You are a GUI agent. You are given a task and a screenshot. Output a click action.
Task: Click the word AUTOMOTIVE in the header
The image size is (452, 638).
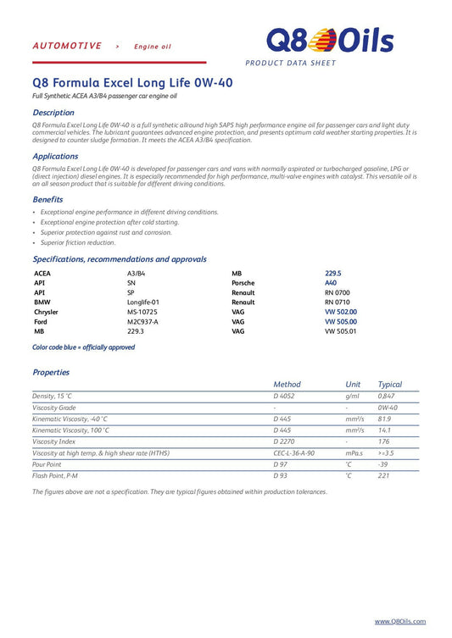[x=67, y=46]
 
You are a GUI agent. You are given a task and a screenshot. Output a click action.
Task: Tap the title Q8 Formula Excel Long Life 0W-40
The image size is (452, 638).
[x=132, y=83]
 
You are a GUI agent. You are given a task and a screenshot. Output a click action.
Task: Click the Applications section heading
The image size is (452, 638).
[x=55, y=156]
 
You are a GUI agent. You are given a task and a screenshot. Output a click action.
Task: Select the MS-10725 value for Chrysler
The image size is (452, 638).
[x=142, y=312]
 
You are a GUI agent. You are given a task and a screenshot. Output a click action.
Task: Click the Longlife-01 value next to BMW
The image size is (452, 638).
[x=143, y=302]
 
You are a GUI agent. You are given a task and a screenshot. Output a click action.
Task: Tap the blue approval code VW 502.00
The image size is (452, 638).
[x=341, y=312]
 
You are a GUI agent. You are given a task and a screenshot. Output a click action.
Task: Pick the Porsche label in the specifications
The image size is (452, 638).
[x=243, y=283]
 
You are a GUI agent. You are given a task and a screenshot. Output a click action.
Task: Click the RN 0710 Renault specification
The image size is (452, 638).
[x=337, y=302]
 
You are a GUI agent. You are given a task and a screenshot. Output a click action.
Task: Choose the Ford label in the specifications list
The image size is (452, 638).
[x=41, y=322]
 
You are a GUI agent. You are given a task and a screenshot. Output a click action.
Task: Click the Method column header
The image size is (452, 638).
[x=287, y=384]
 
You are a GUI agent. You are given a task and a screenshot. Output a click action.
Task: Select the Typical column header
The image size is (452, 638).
[x=389, y=384]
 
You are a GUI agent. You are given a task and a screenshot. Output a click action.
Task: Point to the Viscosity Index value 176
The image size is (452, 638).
[x=383, y=441]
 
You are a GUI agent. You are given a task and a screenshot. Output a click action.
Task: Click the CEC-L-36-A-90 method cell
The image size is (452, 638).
[x=293, y=453]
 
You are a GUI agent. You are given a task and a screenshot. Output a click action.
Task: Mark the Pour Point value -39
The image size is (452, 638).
[x=382, y=464]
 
